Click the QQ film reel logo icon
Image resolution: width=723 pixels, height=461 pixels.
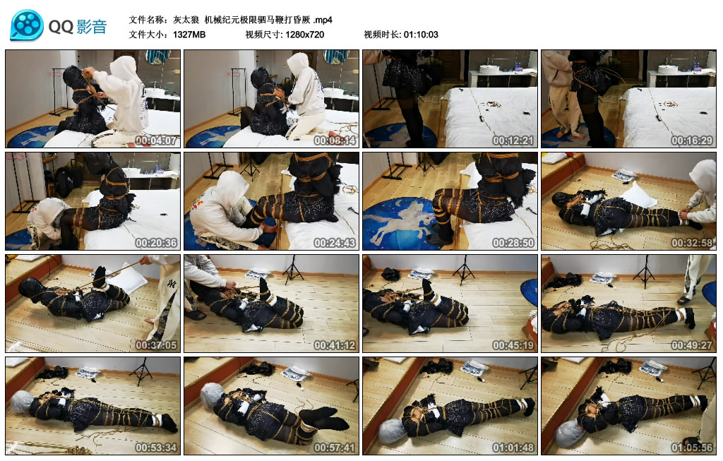click(27, 26)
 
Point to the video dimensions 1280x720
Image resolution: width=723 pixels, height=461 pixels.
click(305, 35)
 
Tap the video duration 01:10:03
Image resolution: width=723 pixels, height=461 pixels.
click(421, 35)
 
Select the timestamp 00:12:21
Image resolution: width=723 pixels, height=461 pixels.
click(515, 140)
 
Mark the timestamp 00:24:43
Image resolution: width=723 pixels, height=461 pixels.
click(335, 243)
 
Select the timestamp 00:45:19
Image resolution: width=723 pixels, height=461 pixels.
click(515, 345)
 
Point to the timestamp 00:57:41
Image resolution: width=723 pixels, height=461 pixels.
click(335, 448)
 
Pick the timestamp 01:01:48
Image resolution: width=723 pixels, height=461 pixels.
click(515, 448)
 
